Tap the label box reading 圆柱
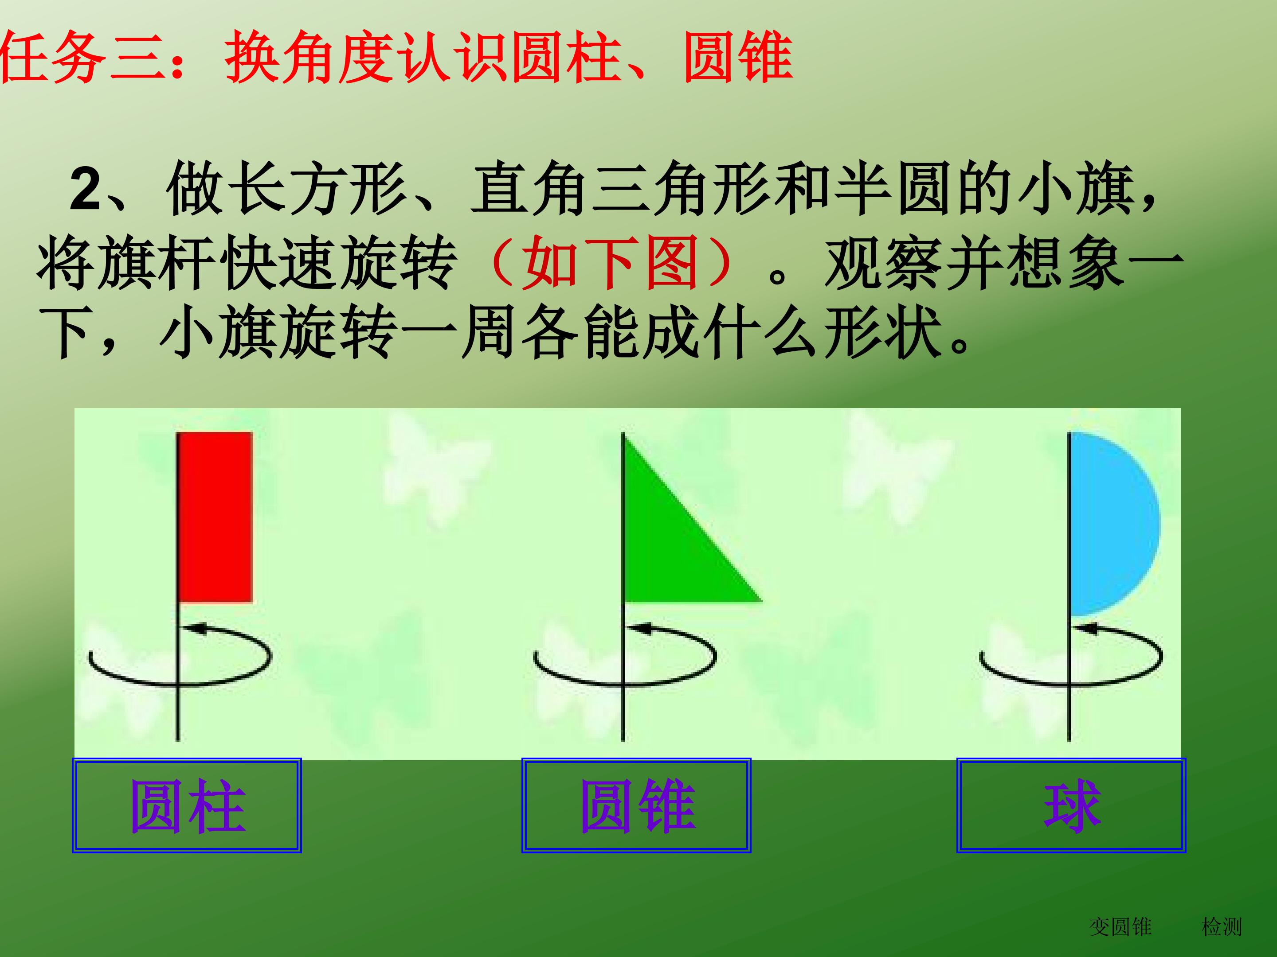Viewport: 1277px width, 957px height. click(187, 805)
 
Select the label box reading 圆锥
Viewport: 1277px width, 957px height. click(636, 805)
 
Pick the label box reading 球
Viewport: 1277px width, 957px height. click(1071, 805)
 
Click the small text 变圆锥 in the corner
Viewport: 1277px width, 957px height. click(1120, 927)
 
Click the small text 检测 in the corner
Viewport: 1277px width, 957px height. click(1221, 927)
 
